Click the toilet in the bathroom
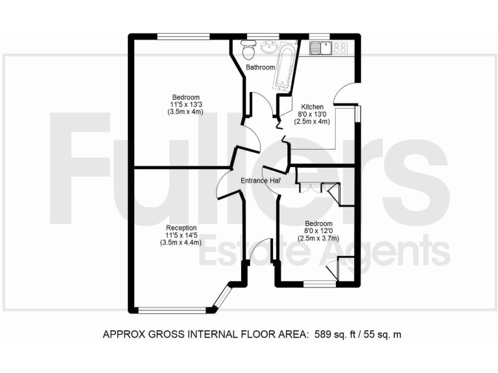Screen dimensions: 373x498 [246, 50]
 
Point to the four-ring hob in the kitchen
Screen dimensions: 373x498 [340, 47]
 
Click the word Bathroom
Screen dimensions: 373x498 [259, 67]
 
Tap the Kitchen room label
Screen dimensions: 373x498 [312, 107]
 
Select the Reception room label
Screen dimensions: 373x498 [181, 228]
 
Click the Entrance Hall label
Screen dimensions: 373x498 [260, 181]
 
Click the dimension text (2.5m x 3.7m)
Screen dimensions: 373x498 [314, 238]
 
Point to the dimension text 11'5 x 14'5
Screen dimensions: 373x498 [181, 235]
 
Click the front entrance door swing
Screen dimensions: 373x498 [261, 249]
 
